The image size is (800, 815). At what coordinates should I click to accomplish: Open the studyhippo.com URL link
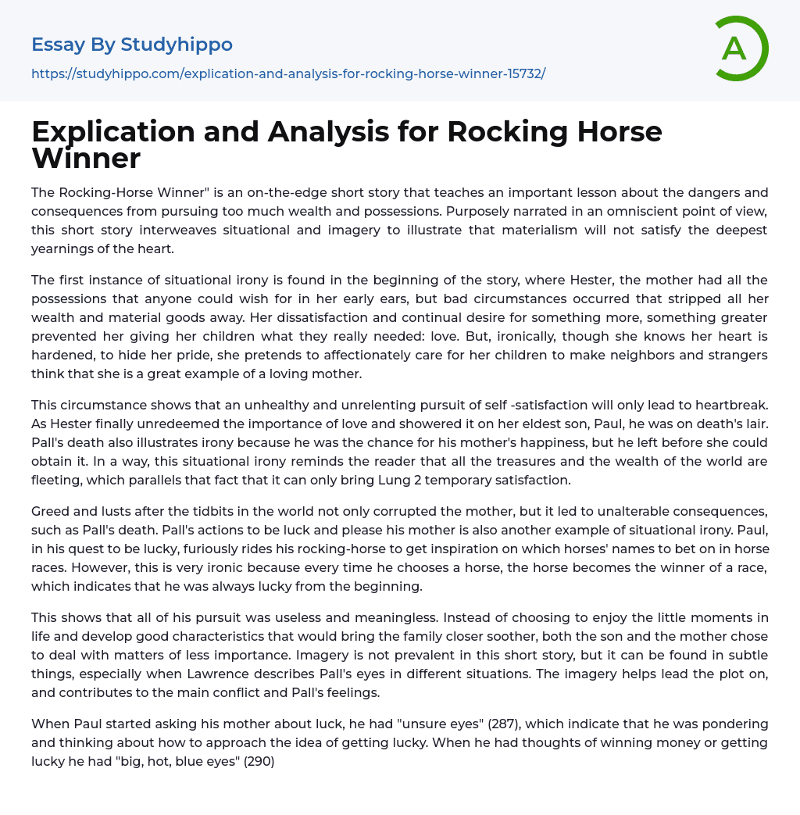click(x=288, y=73)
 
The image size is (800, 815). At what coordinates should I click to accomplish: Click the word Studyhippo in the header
click(x=177, y=45)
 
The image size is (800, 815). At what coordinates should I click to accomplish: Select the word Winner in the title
click(x=86, y=158)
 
